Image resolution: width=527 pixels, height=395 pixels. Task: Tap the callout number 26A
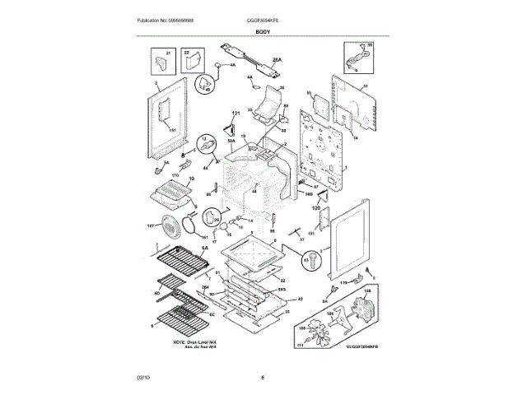click(277, 59)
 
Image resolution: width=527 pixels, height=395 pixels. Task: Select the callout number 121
click(234, 113)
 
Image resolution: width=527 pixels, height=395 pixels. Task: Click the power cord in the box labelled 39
click(356, 58)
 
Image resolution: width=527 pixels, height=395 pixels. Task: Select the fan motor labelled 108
click(366, 314)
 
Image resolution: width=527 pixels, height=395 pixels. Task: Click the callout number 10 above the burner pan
click(191, 179)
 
